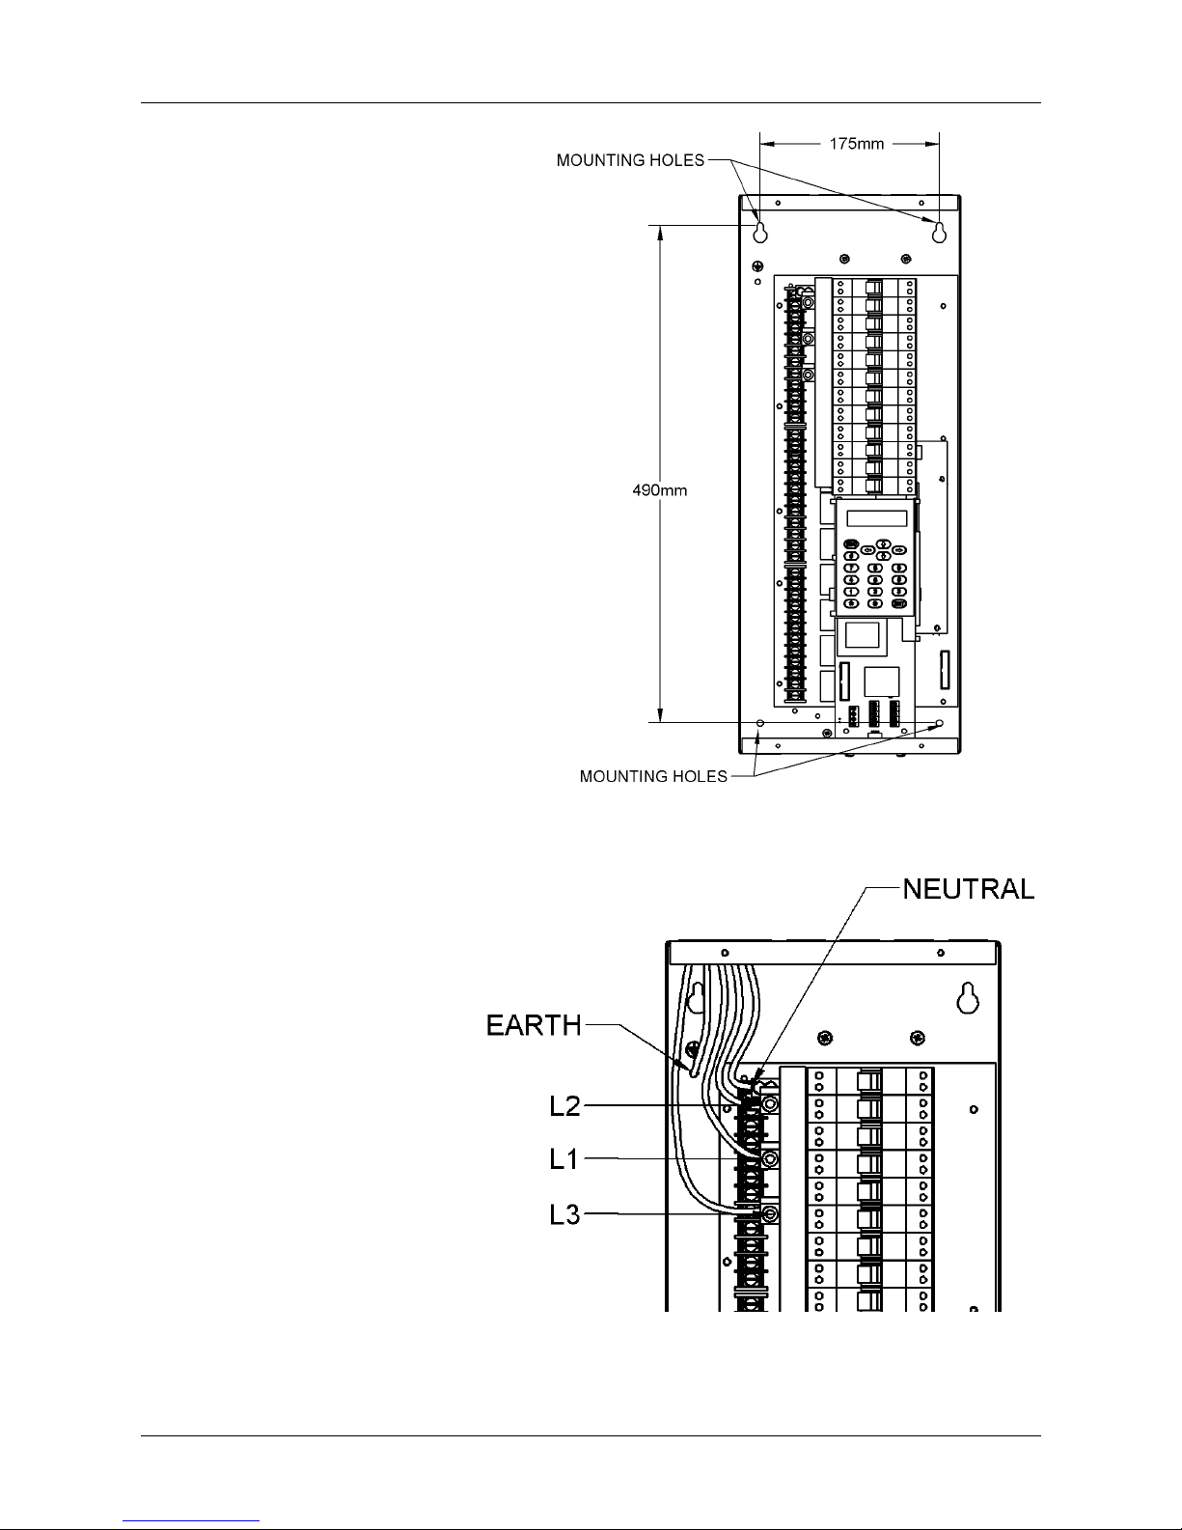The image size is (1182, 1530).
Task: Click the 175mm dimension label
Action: tap(856, 144)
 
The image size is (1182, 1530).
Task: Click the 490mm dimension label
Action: tap(659, 490)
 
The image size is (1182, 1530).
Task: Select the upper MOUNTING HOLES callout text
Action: tap(630, 160)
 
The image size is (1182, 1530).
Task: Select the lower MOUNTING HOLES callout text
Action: tap(653, 777)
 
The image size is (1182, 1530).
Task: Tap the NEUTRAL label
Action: tap(969, 889)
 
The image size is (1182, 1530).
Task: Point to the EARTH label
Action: tap(534, 1025)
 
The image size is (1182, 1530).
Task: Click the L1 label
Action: tap(564, 1159)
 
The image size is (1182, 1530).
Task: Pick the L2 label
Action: tap(565, 1106)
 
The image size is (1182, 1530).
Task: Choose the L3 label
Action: tap(565, 1214)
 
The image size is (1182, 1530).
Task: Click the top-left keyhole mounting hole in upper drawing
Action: tap(760, 233)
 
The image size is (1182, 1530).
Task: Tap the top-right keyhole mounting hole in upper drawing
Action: tap(939, 233)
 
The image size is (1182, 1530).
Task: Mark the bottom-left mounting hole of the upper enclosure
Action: tap(760, 723)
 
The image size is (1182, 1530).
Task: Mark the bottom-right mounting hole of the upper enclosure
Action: tap(939, 723)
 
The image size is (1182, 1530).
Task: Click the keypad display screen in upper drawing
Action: tap(877, 518)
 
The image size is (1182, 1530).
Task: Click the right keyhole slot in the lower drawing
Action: tap(969, 998)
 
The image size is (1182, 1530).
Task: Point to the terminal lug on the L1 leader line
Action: tap(770, 1159)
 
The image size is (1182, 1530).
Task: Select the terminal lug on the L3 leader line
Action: tap(770, 1213)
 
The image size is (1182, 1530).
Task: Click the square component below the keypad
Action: tap(862, 634)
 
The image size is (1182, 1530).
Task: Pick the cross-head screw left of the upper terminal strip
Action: tap(757, 266)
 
